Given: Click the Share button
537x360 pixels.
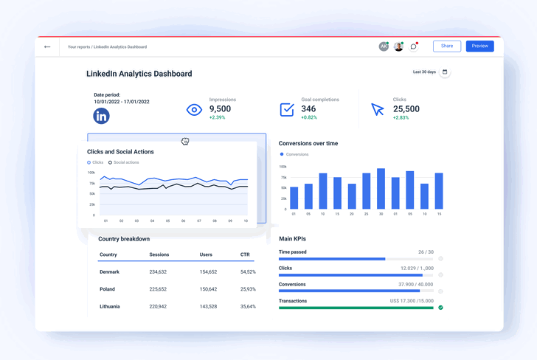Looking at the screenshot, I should [x=447, y=46].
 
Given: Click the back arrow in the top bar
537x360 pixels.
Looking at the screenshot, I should [x=47, y=46].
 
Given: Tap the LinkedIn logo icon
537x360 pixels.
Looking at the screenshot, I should [x=102, y=116].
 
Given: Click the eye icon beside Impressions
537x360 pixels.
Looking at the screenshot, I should [x=194, y=110].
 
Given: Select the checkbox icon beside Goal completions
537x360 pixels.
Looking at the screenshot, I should [x=287, y=109].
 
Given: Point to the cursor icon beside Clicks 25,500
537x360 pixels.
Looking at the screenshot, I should [x=378, y=110].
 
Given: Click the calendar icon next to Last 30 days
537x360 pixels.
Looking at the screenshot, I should [x=445, y=72].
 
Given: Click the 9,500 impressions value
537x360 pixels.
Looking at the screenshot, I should [x=220, y=109].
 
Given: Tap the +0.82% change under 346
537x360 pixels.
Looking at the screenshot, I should [x=309, y=117].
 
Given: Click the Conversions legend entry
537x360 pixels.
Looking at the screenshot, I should [x=297, y=154].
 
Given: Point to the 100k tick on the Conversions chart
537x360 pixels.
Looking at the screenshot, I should [x=283, y=167].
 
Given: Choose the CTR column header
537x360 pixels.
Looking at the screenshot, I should [x=244, y=255].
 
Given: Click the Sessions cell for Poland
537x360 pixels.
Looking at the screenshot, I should [x=158, y=289].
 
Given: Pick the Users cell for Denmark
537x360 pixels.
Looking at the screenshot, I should [x=208, y=272].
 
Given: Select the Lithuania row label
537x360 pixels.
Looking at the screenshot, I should [x=110, y=306].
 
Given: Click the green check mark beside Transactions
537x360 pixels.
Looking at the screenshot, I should [x=440, y=307].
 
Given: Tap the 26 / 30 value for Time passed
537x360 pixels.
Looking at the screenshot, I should [x=426, y=252].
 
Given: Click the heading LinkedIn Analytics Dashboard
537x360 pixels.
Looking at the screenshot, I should [x=139, y=74].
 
